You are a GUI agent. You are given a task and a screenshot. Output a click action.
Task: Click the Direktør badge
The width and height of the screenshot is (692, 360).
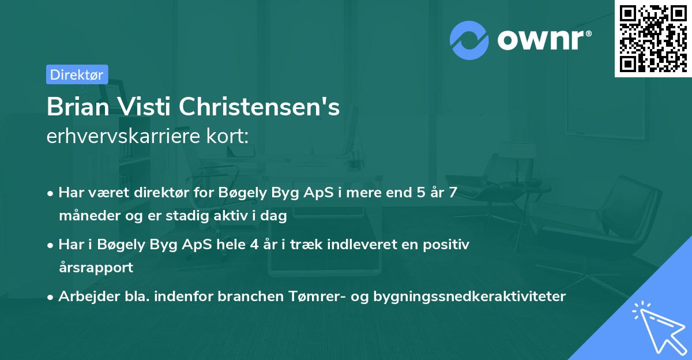click(x=77, y=74)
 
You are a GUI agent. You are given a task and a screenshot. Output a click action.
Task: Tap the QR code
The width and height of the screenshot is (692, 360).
click(x=653, y=38)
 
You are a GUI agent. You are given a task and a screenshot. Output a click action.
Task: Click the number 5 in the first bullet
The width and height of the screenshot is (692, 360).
click(x=411, y=193)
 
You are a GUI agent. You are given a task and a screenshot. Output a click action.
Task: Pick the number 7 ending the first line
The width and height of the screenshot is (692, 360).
click(x=453, y=193)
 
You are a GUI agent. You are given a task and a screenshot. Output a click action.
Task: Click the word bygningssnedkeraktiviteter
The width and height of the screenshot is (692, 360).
click(x=469, y=297)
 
